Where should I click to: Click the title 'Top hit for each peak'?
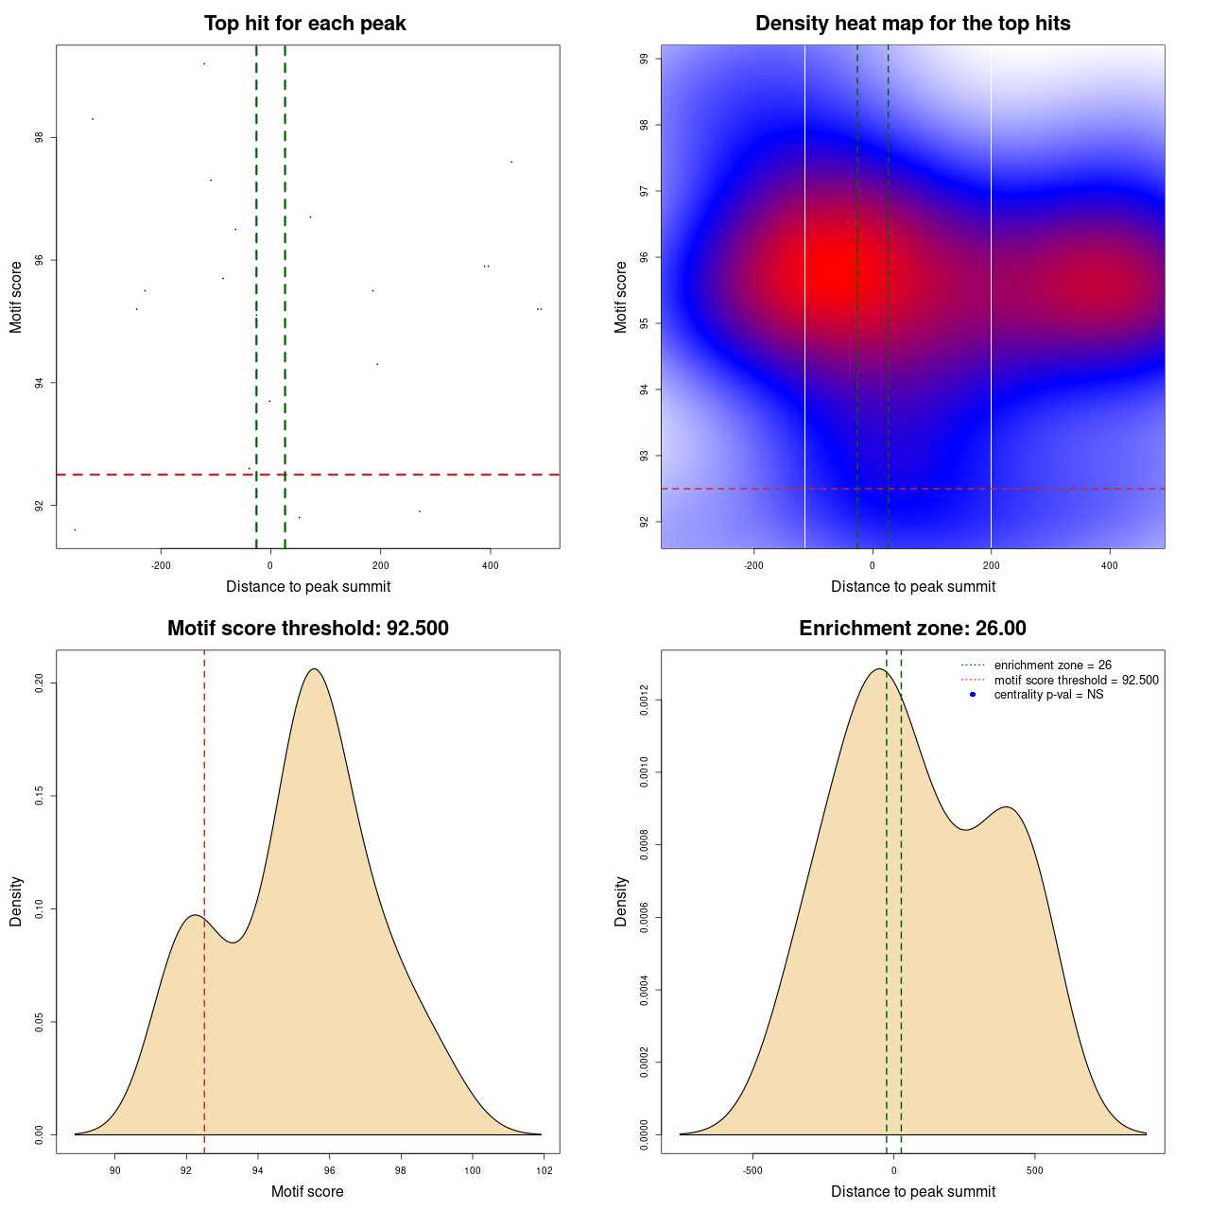304,24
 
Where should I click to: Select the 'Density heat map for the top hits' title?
912,24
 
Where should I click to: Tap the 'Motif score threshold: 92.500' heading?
307,629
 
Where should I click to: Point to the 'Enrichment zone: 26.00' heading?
912,629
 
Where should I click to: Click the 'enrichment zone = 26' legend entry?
1052,665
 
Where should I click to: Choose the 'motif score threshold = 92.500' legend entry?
1076,680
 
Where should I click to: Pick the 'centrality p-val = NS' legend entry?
1048,695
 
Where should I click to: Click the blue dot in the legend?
973,695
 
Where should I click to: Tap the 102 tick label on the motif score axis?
544,1170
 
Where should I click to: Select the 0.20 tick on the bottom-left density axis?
40,683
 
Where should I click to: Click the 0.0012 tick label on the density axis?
645,700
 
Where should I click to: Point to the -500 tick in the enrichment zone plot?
752,1170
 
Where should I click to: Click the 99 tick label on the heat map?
645,59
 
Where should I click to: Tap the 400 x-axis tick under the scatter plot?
490,565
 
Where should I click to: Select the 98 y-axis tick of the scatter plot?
40,138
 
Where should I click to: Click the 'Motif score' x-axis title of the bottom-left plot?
307,1191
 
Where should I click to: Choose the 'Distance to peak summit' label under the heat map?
912,586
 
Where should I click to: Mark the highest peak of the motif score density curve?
314,669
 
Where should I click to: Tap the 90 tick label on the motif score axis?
115,1170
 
